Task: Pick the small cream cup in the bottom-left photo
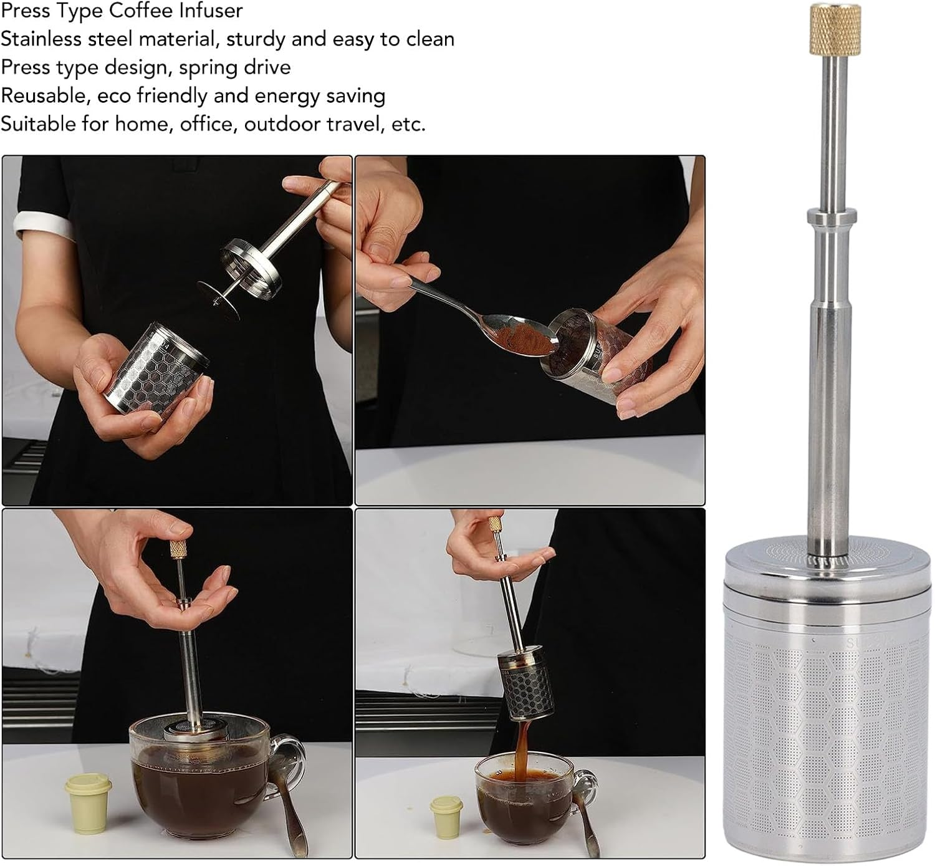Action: (x=89, y=801)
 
